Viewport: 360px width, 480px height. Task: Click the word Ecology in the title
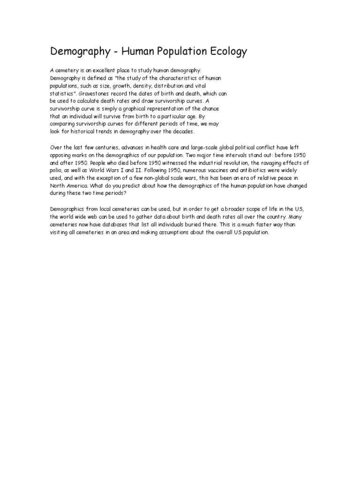(x=222, y=52)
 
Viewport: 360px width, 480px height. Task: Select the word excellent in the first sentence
(x=97, y=70)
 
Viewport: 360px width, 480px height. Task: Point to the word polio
(x=56, y=171)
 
